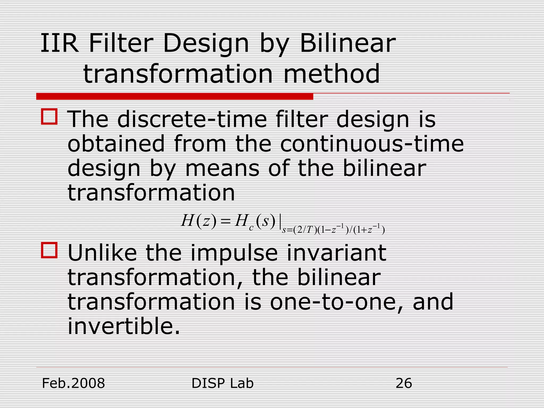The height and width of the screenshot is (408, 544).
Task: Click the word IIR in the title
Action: point(59,43)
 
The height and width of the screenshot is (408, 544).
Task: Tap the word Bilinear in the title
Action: point(348,43)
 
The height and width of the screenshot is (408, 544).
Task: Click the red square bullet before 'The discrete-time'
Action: point(49,117)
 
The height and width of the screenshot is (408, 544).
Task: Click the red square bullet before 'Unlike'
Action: point(49,250)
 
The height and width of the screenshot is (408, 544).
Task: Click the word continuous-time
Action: point(372,144)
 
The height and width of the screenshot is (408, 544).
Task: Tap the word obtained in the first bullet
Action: point(116,144)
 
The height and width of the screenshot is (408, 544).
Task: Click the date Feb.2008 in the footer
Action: point(74,383)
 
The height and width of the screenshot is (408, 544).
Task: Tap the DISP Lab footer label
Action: point(222,383)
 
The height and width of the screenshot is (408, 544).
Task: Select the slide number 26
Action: point(403,383)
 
